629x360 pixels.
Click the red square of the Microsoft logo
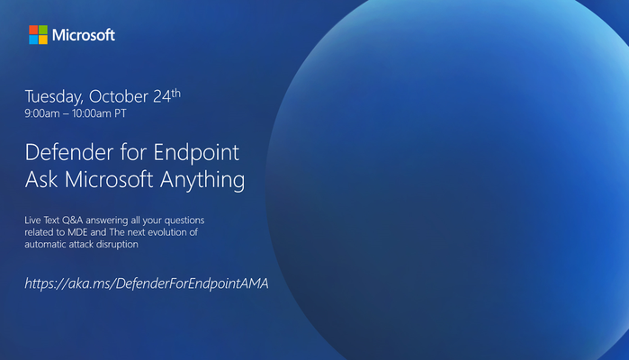coord(33,30)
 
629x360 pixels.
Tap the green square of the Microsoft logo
coord(43,30)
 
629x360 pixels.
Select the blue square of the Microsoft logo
coord(33,40)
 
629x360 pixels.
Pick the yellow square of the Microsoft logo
coord(43,40)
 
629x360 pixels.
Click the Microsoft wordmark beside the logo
coord(84,35)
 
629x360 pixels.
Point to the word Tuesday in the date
coord(54,97)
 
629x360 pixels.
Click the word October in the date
coord(119,96)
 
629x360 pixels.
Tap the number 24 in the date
coord(162,96)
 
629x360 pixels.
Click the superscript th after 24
coord(176,93)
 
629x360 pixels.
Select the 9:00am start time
coord(42,113)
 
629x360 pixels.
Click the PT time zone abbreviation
coord(121,113)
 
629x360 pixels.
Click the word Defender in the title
coord(69,152)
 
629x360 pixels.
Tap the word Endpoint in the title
coord(196,154)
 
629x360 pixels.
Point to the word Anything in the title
coord(202,180)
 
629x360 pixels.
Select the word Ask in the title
coord(41,179)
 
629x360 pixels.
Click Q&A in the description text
coord(73,220)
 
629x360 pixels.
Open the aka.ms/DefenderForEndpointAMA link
coord(147,283)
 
